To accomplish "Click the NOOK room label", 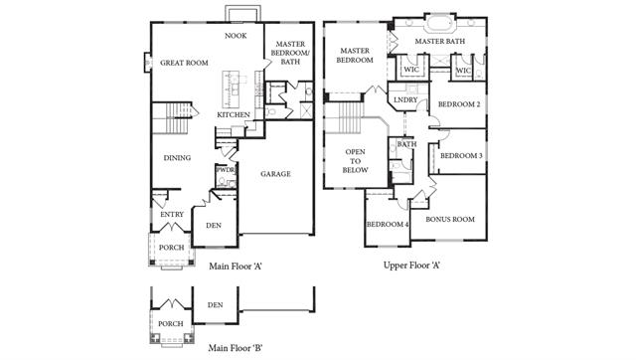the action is tap(236, 36).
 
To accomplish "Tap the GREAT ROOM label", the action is tap(184, 63).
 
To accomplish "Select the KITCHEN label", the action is tap(234, 114).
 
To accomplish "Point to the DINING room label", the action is tap(177, 158).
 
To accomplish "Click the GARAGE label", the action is tap(276, 174).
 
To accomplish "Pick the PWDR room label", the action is tap(226, 170).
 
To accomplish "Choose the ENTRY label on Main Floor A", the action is tap(172, 214).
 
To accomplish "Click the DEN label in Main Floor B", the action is tap(215, 304).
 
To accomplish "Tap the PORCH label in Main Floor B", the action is tap(170, 324).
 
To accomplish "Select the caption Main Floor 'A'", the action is tap(236, 267).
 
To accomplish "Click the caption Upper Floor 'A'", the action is tap(412, 266).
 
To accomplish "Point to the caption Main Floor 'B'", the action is tap(236, 348).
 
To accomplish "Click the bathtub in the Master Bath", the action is tap(440, 23).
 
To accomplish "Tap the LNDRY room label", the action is tap(405, 99).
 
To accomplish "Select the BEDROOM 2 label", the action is tap(459, 104).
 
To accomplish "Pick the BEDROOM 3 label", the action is tap(461, 156).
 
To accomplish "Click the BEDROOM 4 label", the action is tap(388, 225).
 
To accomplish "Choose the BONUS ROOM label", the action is tap(450, 219).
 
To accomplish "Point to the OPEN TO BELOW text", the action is tap(356, 161).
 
